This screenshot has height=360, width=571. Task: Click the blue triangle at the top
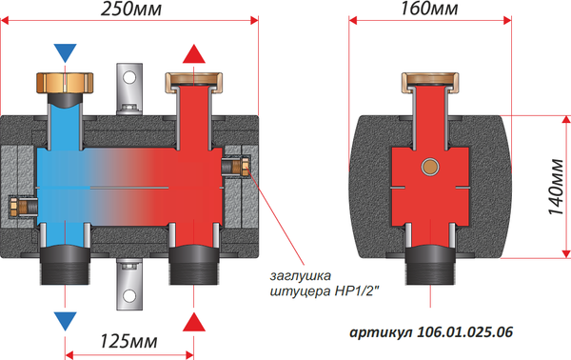pyautogui.click(x=64, y=51)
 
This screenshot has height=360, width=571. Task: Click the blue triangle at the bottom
pyautogui.click(x=64, y=318)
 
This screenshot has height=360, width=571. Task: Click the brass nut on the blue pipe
pyautogui.click(x=64, y=82)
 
